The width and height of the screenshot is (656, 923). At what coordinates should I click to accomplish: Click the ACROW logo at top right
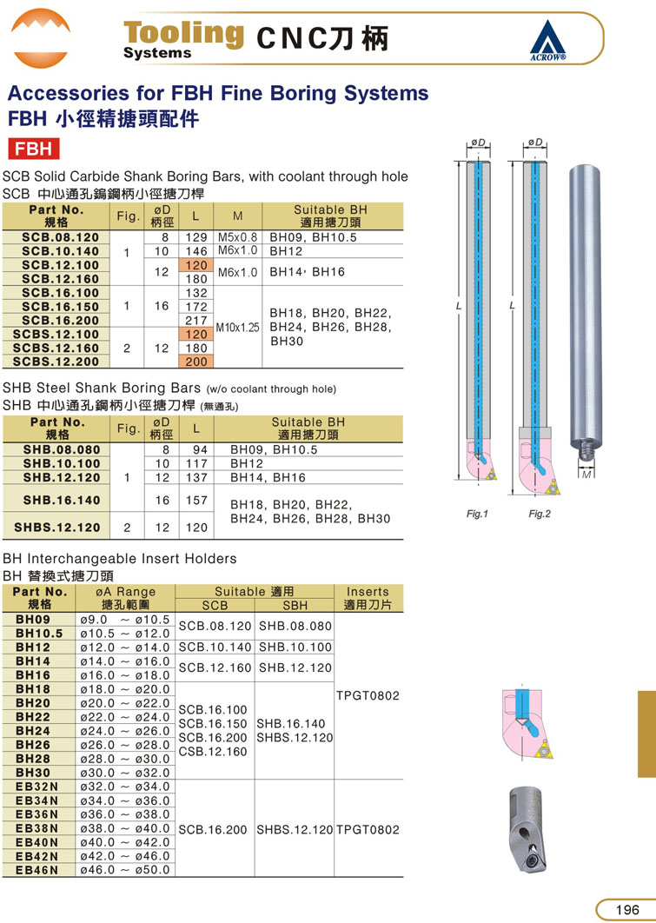[x=547, y=40]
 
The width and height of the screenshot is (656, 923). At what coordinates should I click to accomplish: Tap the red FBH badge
[x=34, y=149]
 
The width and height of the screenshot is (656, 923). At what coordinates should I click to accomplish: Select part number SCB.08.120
[x=61, y=237]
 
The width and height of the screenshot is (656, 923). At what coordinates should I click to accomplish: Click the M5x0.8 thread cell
[x=238, y=237]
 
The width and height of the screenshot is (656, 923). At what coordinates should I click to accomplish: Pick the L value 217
[x=195, y=320]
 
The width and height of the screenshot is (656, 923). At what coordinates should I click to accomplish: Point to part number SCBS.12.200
[x=56, y=362]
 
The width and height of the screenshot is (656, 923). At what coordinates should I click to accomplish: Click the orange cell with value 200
[x=195, y=362]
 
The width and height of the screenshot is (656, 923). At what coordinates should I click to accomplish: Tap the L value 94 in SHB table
[x=201, y=449]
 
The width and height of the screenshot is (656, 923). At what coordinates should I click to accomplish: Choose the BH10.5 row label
[x=39, y=634]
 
